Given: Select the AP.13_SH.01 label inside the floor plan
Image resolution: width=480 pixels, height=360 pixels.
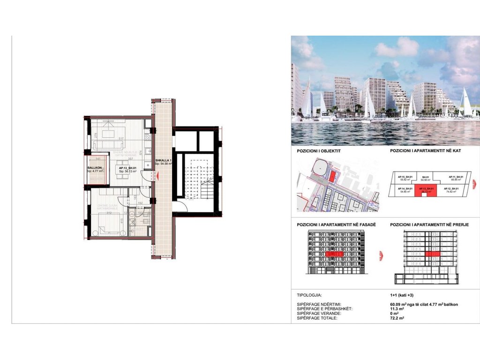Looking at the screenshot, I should point(127,168).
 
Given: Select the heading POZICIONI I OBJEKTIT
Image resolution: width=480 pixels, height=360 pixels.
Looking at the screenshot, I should point(318,152).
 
